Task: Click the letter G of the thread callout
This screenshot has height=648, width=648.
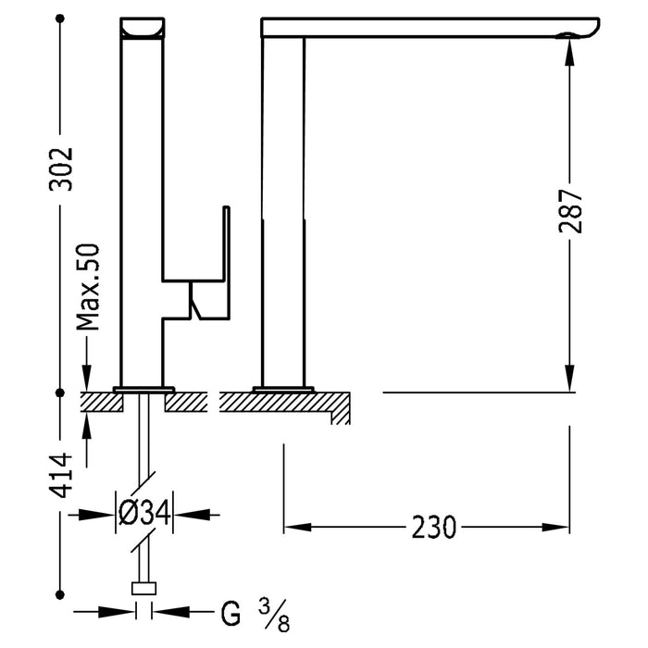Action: pos(232,613)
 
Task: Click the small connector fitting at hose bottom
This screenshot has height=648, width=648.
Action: pos(144,588)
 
